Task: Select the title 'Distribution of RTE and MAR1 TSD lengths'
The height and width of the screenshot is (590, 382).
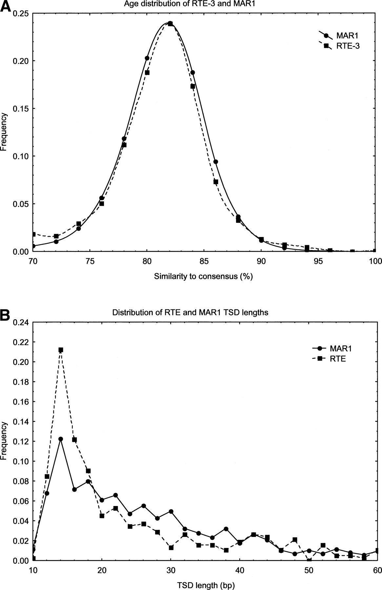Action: click(190, 312)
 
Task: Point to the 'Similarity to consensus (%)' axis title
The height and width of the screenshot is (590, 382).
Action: click(203, 276)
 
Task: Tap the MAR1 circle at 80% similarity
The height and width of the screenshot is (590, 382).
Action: click(147, 58)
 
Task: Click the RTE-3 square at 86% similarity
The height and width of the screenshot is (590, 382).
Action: click(216, 182)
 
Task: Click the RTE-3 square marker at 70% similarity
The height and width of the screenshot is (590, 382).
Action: click(33, 234)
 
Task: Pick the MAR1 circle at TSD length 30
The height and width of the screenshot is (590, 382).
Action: click(171, 511)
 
